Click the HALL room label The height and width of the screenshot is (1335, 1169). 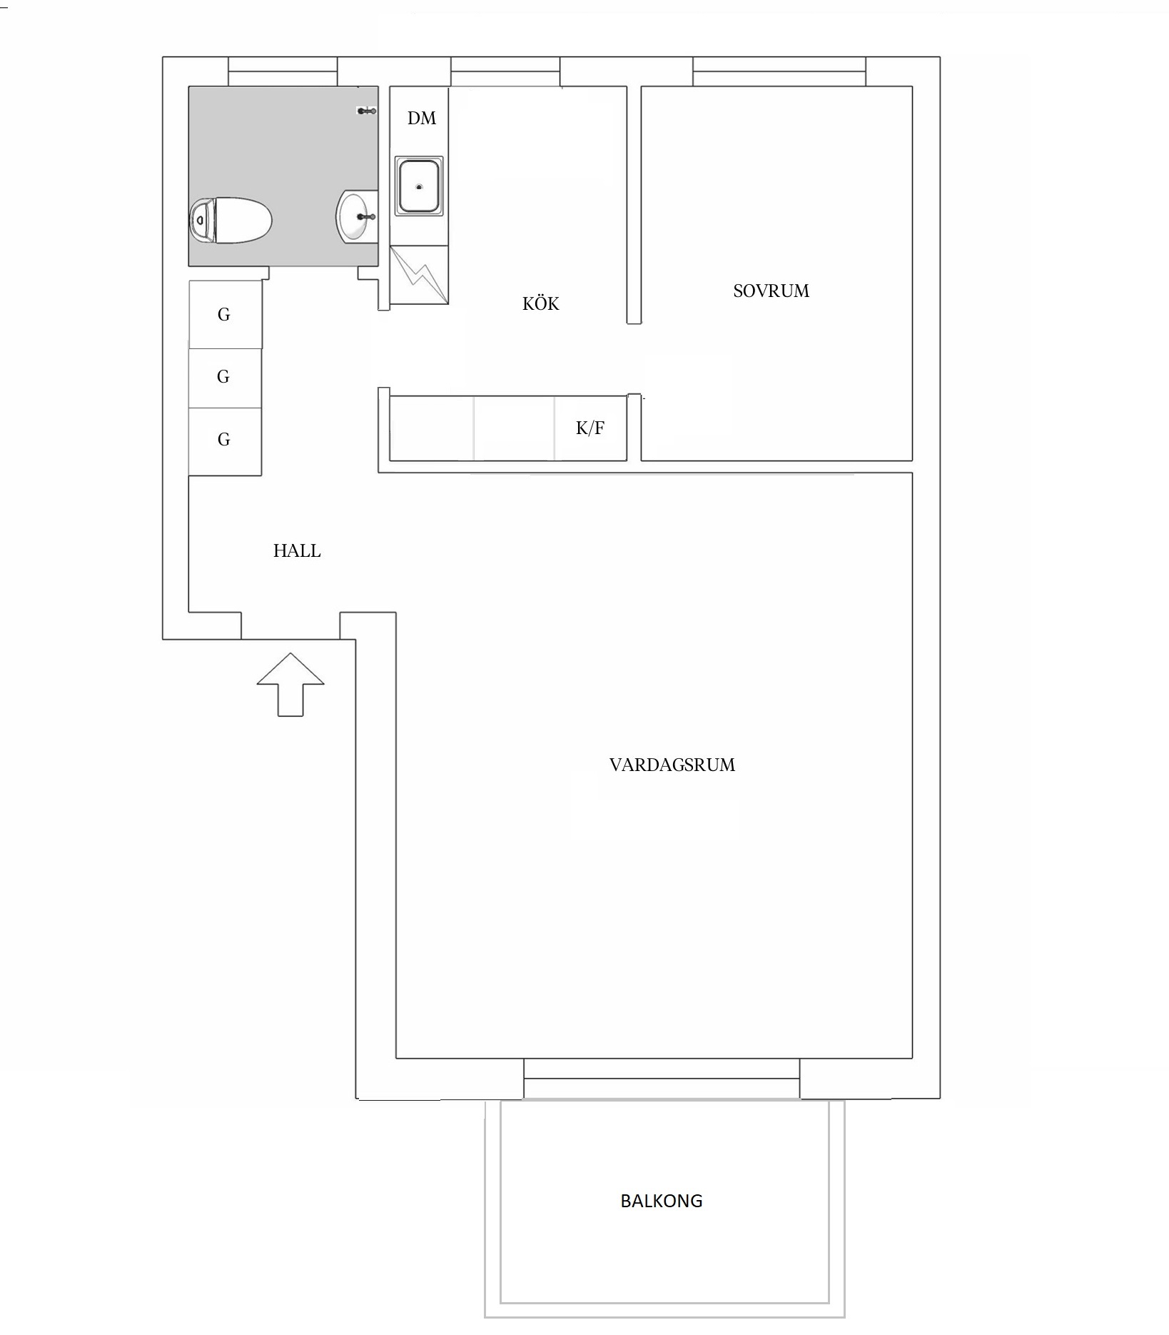click(x=297, y=550)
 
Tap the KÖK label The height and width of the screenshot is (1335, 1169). click(x=540, y=303)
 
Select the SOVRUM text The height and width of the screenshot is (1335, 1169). click(x=771, y=291)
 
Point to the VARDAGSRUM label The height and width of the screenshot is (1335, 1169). click(x=672, y=765)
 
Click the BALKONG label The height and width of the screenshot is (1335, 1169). click(x=661, y=1201)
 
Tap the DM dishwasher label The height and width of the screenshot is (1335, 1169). click(x=421, y=118)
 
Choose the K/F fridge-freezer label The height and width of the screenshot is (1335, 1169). click(x=590, y=428)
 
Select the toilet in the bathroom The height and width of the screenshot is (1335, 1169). click(x=231, y=221)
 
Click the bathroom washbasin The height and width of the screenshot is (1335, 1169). click(x=356, y=216)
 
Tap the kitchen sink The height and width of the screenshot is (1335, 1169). click(x=419, y=186)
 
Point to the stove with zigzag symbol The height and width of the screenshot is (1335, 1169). click(x=419, y=275)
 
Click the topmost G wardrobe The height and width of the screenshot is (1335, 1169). click(x=225, y=314)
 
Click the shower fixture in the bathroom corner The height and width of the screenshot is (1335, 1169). click(x=367, y=111)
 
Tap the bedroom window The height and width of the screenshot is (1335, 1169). click(x=779, y=71)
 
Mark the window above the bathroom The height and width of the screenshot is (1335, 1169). click(x=283, y=71)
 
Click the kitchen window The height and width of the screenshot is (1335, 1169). click(x=505, y=71)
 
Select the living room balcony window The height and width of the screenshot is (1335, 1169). click(x=662, y=1078)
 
